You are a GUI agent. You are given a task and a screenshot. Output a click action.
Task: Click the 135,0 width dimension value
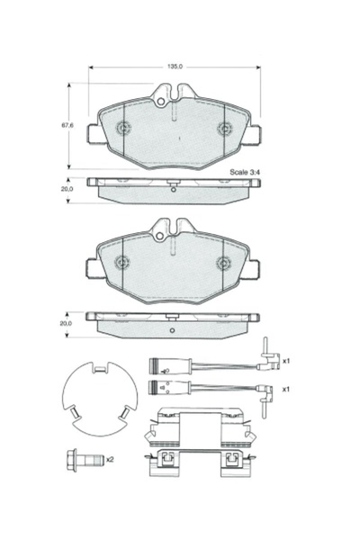tap(175, 67)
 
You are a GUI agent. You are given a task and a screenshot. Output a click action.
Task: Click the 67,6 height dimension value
tap(67, 125)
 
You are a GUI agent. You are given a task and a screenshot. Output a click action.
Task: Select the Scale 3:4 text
tap(244, 172)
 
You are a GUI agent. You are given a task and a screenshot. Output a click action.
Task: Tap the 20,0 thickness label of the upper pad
tap(67, 189)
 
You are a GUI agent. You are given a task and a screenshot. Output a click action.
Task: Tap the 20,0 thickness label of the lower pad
tap(66, 323)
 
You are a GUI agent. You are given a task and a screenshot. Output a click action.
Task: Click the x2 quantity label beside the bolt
tap(110, 459)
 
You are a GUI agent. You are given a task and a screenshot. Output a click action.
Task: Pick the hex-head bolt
tap(85, 460)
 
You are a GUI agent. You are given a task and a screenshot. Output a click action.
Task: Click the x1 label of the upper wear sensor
tap(286, 361)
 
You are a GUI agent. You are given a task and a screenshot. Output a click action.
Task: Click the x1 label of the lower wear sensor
tap(286, 389)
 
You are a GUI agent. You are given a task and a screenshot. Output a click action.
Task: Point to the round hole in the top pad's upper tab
tap(160, 102)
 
